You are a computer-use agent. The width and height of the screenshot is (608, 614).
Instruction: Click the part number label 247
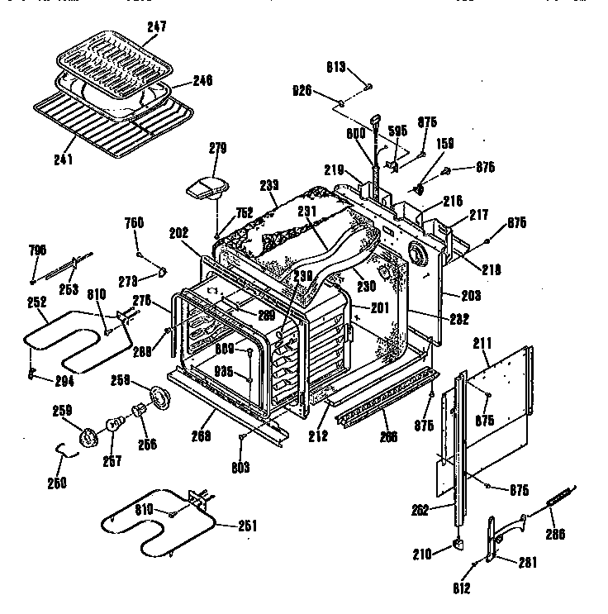pyautogui.click(x=157, y=27)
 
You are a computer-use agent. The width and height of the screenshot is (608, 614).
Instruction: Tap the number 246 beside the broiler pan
pyautogui.click(x=202, y=80)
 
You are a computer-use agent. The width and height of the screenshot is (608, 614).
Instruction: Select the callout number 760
pyautogui.click(x=134, y=221)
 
